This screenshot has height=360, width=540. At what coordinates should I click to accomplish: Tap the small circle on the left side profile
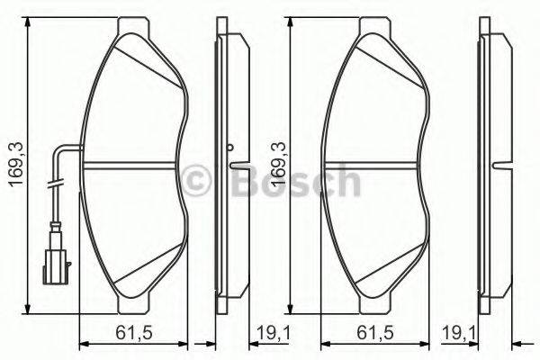(230, 148)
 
